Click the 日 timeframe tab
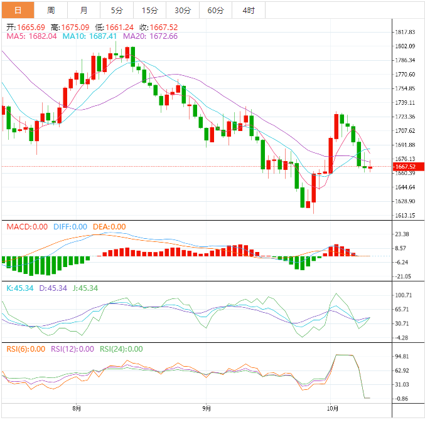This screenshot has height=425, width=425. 18,10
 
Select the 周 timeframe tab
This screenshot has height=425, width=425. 51,10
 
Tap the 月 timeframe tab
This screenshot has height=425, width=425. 84,10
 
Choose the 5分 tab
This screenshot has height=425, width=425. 117,10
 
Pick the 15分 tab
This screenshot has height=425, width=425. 149,10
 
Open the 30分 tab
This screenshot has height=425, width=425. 183,10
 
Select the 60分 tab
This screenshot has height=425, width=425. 215,10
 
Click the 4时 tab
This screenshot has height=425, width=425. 248,10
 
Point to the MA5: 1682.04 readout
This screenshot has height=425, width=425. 32,36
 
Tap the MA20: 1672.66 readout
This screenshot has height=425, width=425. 151,36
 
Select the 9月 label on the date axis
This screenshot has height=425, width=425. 207,409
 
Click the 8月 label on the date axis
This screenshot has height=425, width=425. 77,409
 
